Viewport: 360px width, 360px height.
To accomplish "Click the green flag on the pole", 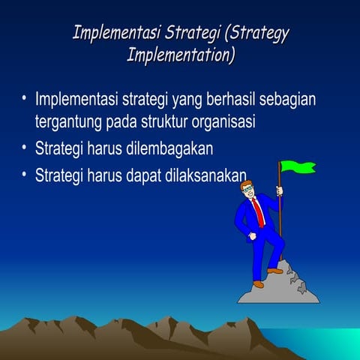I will [x=298, y=166].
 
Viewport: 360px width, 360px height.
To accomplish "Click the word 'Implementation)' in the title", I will [x=181, y=55].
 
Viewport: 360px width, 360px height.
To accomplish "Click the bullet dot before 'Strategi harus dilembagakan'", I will [x=24, y=148].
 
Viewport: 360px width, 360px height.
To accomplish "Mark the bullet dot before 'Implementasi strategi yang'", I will [x=24, y=99].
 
